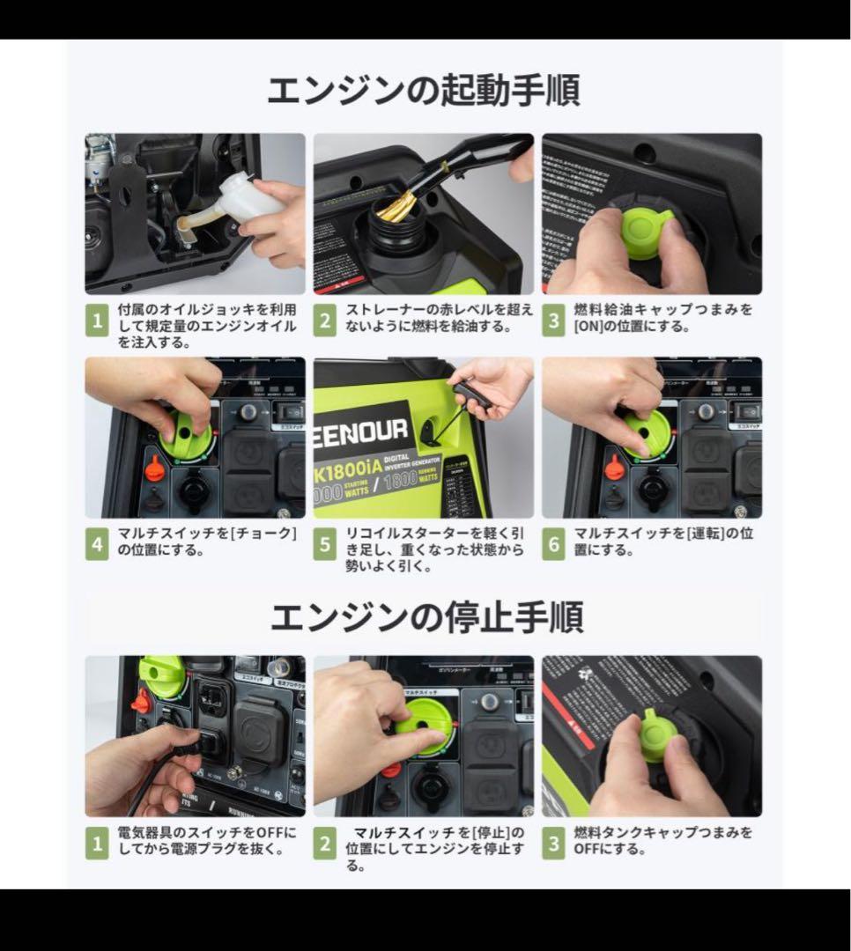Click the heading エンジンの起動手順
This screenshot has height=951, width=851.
[x=424, y=91]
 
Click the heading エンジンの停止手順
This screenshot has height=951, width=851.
[x=425, y=617]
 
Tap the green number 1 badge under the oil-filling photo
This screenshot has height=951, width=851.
[x=97, y=321]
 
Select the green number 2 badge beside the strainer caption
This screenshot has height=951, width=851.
[x=325, y=321]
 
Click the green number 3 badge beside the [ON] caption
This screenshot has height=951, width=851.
[x=553, y=321]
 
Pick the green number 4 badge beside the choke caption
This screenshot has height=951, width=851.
[x=97, y=544]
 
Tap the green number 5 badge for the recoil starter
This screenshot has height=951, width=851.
[x=325, y=544]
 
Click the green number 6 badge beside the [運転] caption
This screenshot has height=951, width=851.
[x=553, y=544]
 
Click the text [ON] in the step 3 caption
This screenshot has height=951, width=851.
[x=589, y=326]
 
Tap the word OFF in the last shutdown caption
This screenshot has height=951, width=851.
[x=587, y=849]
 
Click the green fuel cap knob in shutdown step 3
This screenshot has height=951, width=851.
[x=653, y=737]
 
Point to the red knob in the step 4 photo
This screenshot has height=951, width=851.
[x=155, y=468]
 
